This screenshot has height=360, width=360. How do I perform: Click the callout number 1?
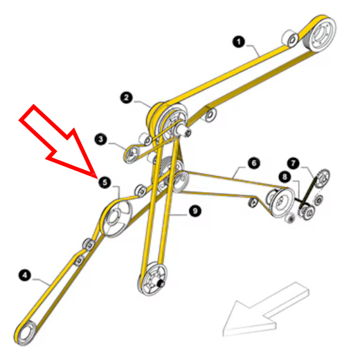(238, 42)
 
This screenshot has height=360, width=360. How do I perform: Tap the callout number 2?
(126, 98)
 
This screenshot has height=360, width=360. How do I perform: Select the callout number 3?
(100, 139)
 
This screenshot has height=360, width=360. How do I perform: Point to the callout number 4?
(25, 275)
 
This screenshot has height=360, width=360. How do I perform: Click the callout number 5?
(105, 183)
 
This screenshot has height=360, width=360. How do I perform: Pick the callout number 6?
(254, 163)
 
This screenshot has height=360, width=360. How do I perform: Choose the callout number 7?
(293, 163)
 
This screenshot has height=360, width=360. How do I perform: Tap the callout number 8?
(285, 177)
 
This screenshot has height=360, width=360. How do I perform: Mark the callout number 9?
(195, 211)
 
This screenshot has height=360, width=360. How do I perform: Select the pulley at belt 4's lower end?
(26, 333)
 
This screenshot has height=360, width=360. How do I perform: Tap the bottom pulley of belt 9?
(153, 279)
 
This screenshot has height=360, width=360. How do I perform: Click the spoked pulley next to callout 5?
(116, 218)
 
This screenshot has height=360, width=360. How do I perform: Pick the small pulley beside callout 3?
(132, 153)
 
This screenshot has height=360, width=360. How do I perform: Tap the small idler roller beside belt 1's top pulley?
(292, 39)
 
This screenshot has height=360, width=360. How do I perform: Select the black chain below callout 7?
(309, 192)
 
